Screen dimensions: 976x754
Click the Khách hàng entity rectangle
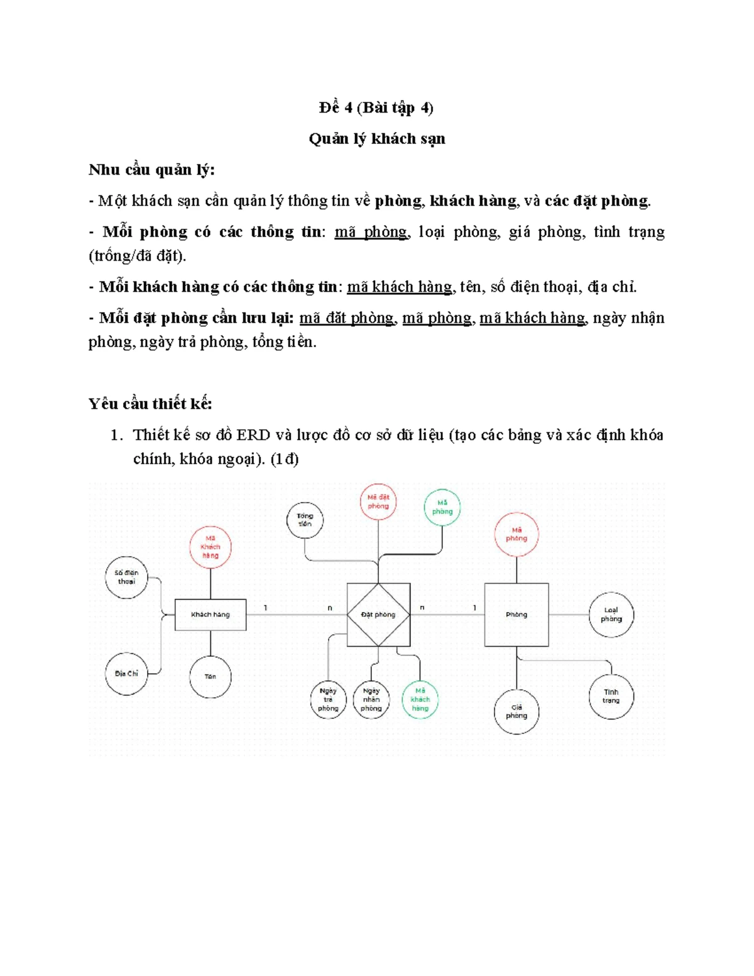point(210,614)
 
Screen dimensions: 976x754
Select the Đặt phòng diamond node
point(378,614)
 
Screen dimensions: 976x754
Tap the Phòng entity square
point(516,614)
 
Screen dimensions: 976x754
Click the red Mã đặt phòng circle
point(378,502)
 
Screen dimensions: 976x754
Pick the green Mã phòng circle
point(442,507)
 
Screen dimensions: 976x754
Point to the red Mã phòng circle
point(516,534)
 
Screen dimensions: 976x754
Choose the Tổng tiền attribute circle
point(305,520)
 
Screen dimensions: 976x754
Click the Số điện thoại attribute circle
point(126,577)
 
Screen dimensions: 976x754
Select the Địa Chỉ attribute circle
point(126,673)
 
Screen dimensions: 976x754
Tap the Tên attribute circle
point(210,676)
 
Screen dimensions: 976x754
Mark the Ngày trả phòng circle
point(328,699)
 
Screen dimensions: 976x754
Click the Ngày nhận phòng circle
point(371,699)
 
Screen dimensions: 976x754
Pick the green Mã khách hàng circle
point(420,699)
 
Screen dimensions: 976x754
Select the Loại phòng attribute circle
point(611,615)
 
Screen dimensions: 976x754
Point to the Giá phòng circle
point(516,711)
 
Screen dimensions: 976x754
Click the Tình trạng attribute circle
point(611,696)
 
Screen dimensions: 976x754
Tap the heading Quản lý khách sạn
point(377,139)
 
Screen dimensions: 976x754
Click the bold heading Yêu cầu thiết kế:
point(150,403)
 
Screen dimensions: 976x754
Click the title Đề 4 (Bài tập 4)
point(376,108)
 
